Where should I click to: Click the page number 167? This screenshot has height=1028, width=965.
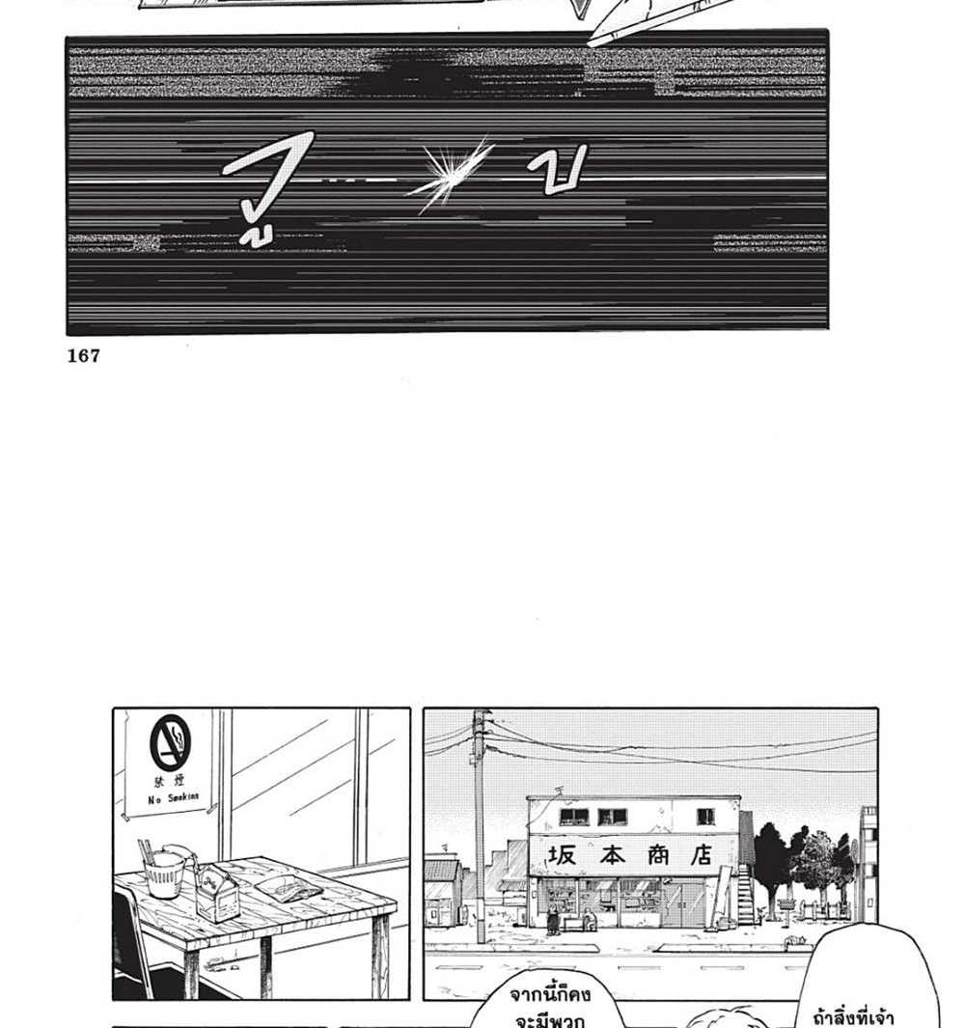coord(84,356)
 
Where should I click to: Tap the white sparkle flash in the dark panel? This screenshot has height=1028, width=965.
coord(451,176)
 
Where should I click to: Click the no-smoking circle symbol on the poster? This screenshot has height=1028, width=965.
coord(170,742)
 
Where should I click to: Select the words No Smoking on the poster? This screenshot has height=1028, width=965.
coord(174,797)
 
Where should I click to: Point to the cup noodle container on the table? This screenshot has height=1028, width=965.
coord(165,873)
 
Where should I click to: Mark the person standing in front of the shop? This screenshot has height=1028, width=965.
coord(553,920)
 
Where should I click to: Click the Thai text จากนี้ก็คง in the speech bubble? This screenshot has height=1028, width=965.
coord(550,994)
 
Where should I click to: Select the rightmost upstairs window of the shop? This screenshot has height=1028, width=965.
coord(706,817)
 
